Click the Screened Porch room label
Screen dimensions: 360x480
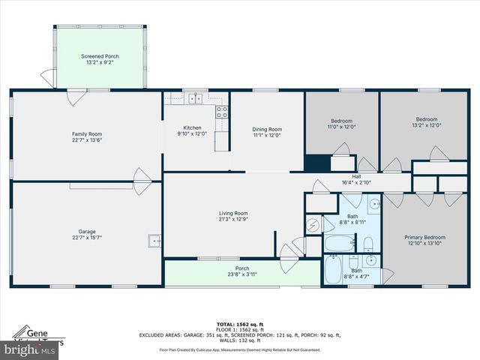click(x=100, y=56)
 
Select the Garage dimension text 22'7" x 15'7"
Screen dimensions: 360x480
click(x=87, y=238)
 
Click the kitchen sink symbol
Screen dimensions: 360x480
click(x=196, y=97)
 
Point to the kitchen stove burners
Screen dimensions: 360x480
click(x=222, y=112)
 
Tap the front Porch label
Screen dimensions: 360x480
click(x=242, y=268)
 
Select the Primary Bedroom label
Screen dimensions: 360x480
click(x=424, y=238)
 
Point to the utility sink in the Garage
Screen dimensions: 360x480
click(x=154, y=241)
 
